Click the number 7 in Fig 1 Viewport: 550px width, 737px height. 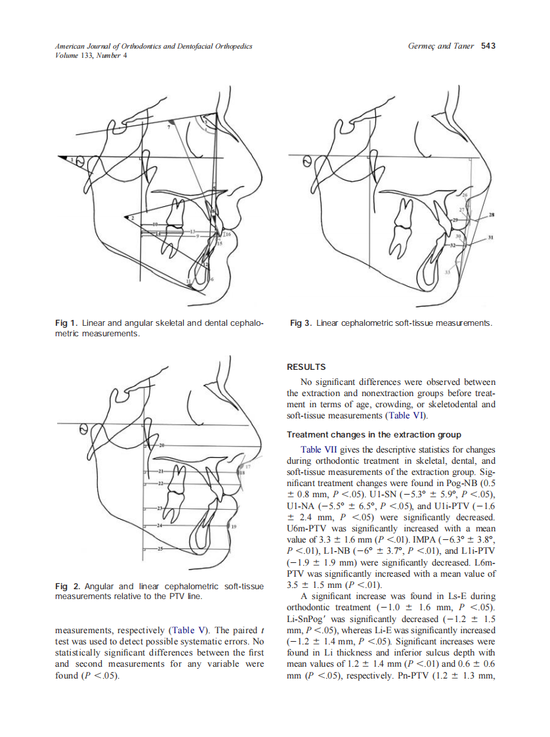coord(169,127)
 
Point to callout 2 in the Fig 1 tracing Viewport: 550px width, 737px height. coord(132,217)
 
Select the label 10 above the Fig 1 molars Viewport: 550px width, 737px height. coord(156,225)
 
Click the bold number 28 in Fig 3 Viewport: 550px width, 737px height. coord(492,215)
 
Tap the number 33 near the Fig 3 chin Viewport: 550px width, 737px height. coord(448,271)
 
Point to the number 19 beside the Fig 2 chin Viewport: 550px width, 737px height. coord(233,527)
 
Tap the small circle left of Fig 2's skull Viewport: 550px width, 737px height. coord(83,429)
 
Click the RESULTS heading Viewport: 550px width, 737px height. coord(307,367)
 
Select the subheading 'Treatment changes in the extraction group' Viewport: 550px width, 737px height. coord(374,435)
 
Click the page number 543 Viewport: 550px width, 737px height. coord(488,46)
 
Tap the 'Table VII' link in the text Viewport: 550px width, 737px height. coord(320,449)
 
